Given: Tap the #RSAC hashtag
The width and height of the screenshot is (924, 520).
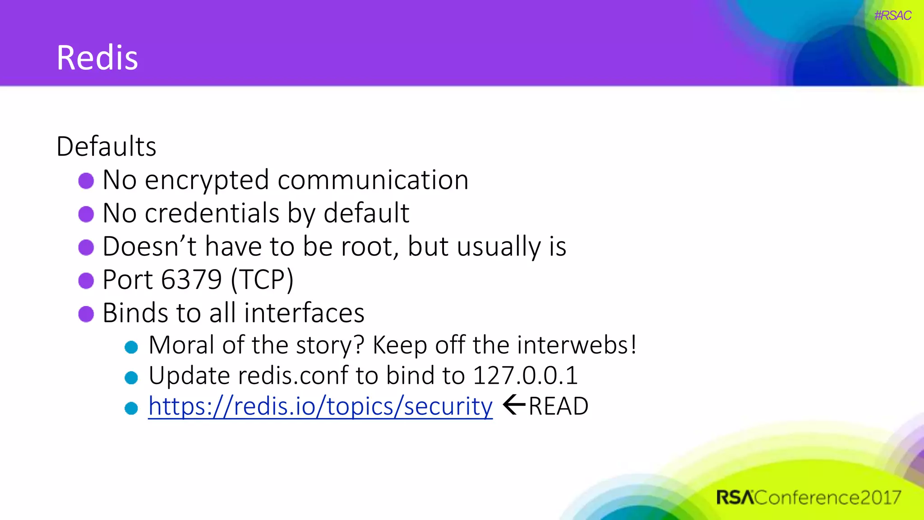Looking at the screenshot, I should click(892, 16).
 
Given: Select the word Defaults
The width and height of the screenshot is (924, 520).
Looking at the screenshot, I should click(106, 147).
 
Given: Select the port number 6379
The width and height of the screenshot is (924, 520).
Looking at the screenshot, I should click(191, 279).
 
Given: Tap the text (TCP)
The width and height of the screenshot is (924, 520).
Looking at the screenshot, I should click(262, 280).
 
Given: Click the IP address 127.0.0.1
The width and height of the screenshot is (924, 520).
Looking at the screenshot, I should click(525, 376).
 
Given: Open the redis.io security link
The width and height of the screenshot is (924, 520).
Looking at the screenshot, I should click(320, 406).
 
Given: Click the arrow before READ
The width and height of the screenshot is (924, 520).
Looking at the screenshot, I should click(514, 405).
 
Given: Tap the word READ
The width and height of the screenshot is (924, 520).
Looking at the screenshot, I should click(559, 406).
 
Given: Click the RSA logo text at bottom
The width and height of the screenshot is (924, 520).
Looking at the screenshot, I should click(735, 498).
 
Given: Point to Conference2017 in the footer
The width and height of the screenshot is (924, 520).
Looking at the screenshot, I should click(828, 498).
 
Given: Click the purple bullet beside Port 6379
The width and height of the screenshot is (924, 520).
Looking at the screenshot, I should click(86, 280).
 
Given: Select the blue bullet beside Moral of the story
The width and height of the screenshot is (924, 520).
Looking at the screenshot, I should click(131, 347).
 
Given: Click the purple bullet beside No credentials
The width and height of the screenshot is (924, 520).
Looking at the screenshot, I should click(86, 214).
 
